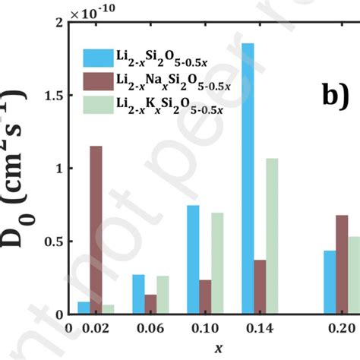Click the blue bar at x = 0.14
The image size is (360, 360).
[248, 178]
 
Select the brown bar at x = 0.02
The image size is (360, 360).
[96, 230]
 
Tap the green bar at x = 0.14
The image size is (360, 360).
[272, 236]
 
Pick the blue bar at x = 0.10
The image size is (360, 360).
[193, 260]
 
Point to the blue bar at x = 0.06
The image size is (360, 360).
[138, 294]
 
